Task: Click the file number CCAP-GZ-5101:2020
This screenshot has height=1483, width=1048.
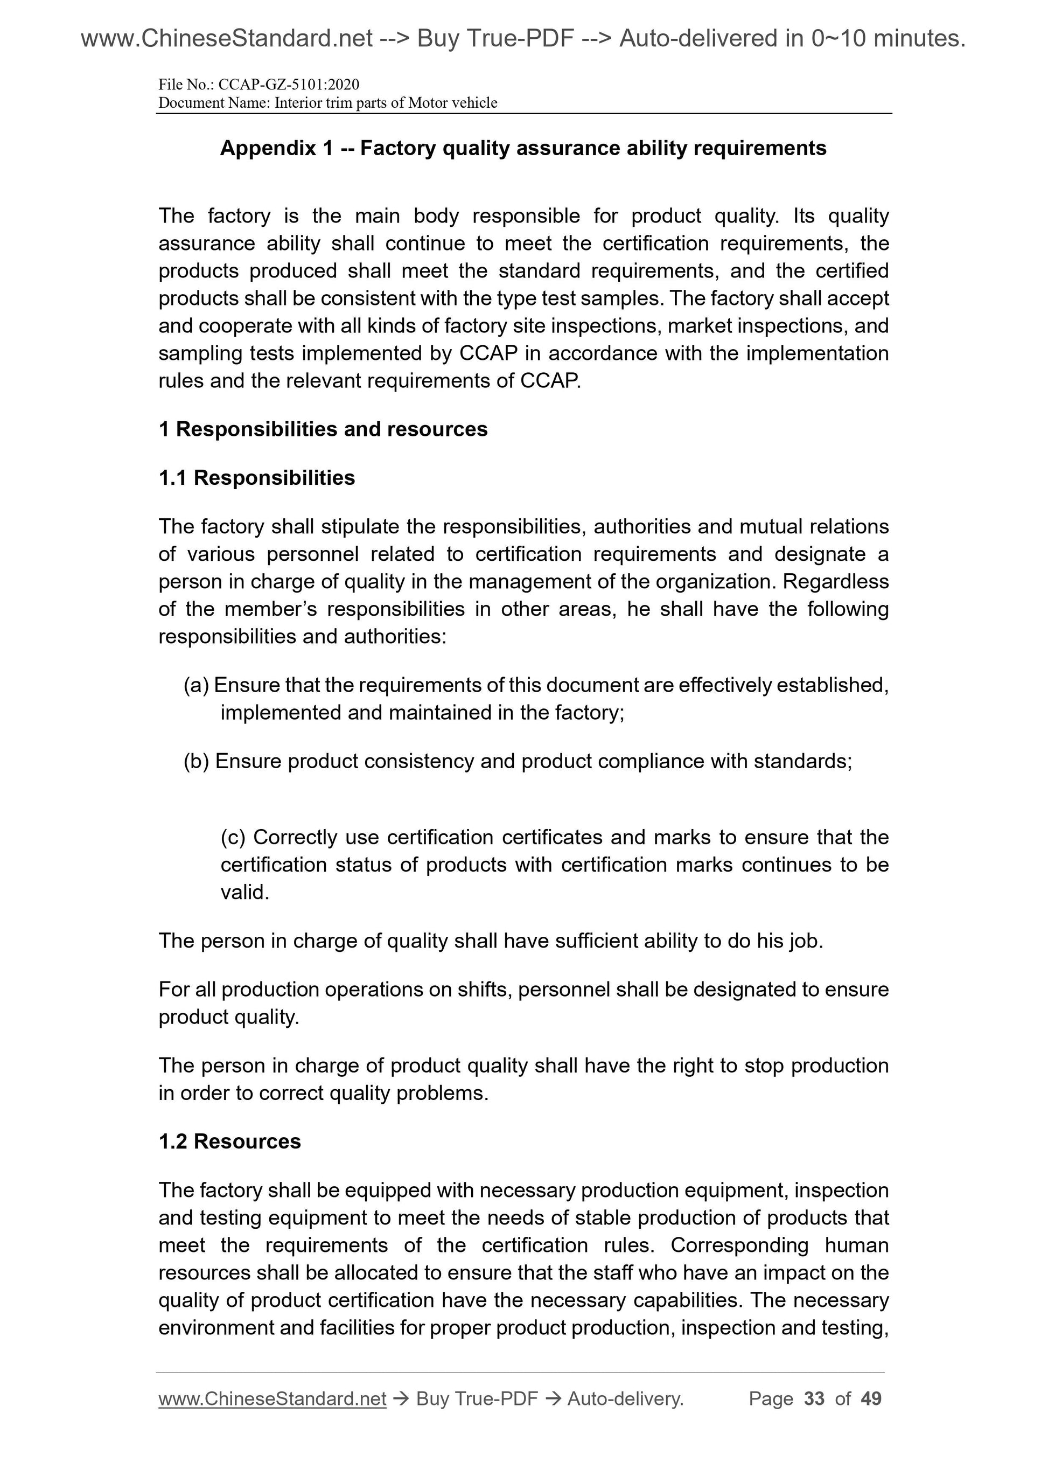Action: [289, 85]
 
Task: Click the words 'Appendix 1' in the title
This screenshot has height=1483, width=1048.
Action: [276, 149]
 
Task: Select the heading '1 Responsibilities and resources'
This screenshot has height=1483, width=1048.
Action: [323, 429]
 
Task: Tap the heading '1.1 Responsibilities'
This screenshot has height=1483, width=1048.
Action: [256, 478]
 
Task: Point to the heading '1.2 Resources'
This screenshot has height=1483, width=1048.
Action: [229, 1141]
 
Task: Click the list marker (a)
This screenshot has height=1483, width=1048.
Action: [195, 685]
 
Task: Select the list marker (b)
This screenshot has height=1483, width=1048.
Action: [197, 762]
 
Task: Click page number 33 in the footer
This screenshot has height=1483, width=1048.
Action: [814, 1399]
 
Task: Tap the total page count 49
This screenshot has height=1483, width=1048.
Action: [871, 1399]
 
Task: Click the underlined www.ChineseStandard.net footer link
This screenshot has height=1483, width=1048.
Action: [272, 1399]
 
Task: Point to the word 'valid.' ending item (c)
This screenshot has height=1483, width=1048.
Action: [244, 893]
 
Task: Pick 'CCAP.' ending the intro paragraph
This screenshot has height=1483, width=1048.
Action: [550, 381]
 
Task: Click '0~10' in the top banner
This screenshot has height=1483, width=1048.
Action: [837, 39]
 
